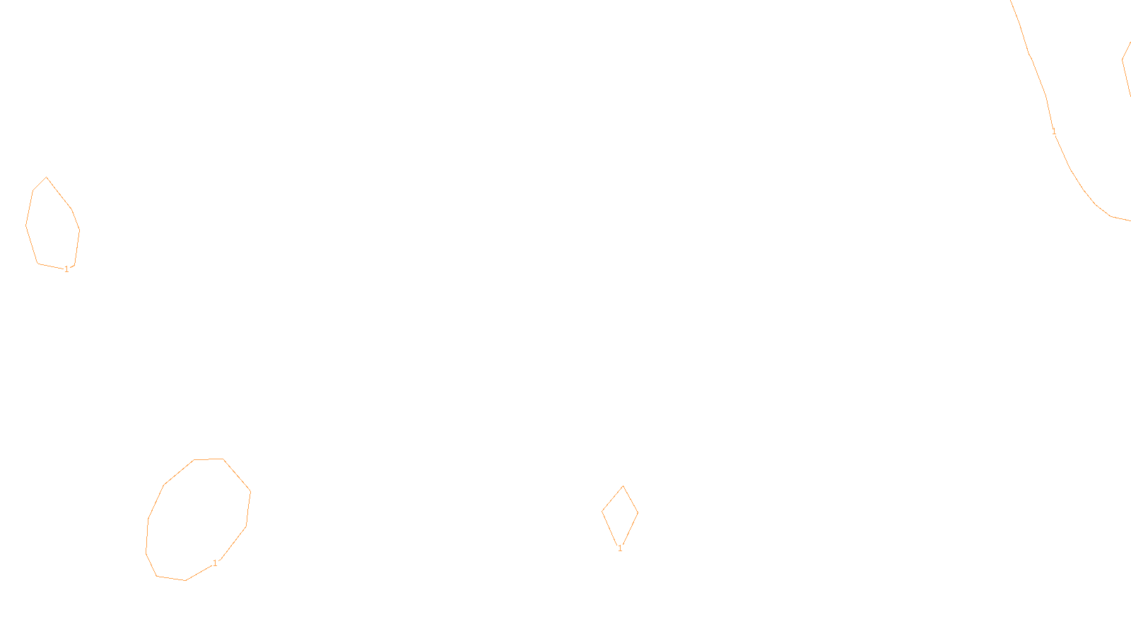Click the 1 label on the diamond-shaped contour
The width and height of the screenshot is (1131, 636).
(620, 548)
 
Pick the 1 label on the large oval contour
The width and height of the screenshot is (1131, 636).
(215, 563)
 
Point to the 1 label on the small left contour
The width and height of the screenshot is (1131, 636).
(66, 269)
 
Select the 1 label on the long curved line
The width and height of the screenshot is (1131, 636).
(1054, 131)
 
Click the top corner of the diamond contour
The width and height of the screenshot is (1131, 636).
(623, 486)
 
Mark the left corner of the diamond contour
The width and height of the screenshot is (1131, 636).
(602, 512)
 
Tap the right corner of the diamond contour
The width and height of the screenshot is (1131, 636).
(638, 512)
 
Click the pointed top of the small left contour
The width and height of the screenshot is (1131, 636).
(47, 177)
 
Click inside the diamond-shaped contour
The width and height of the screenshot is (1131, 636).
(621, 514)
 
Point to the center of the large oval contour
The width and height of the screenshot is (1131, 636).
(199, 519)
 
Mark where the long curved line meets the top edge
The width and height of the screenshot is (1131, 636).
(1012, 1)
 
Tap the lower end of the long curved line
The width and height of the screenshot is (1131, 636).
(1129, 220)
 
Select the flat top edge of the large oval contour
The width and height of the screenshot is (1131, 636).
(209, 459)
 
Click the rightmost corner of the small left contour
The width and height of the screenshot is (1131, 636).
(79, 230)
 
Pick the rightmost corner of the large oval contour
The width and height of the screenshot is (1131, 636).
(250, 492)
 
